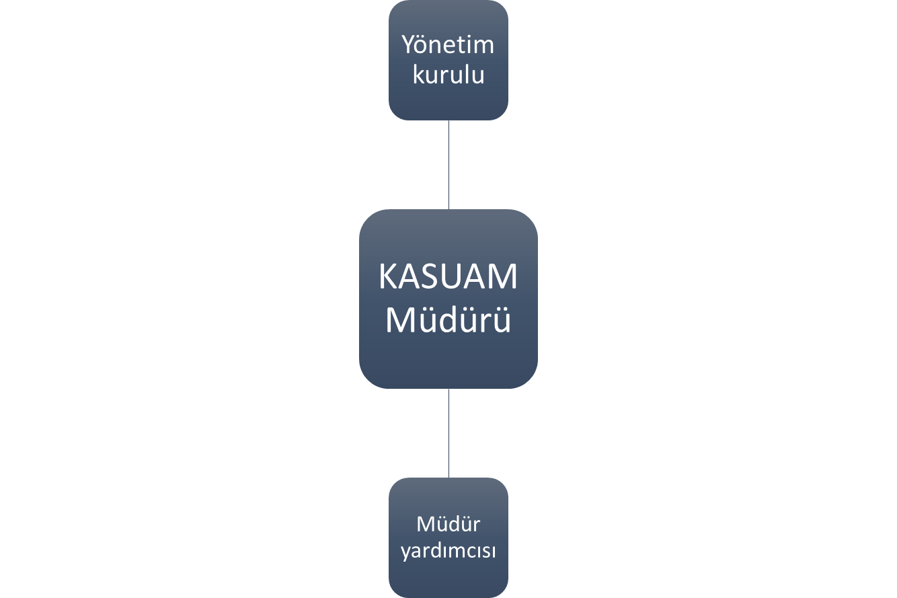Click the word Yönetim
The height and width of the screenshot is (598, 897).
(448, 45)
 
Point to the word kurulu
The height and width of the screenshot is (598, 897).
(448, 75)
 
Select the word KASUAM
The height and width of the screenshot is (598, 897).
(448, 277)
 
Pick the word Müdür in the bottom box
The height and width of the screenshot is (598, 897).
(448, 523)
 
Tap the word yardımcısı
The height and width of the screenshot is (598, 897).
(448, 552)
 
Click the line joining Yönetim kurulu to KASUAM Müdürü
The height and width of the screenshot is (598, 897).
(448, 165)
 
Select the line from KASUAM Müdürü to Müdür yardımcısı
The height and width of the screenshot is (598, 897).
(448, 433)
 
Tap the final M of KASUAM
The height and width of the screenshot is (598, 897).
(501, 277)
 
